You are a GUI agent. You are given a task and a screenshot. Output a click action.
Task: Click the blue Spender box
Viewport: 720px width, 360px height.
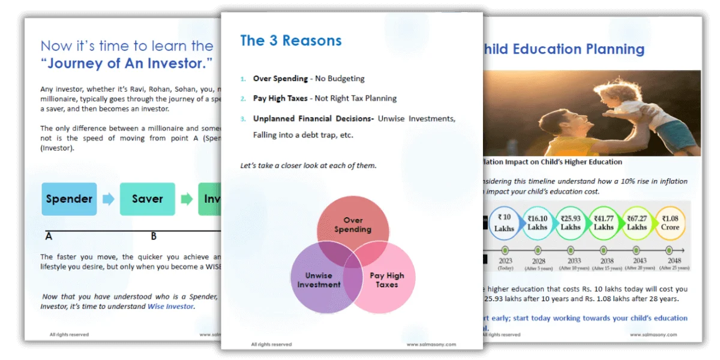(x=69, y=199)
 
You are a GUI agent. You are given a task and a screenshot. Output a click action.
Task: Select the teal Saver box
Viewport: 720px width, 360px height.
(x=148, y=199)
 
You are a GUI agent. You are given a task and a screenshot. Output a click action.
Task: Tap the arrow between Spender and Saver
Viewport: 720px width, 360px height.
(x=108, y=199)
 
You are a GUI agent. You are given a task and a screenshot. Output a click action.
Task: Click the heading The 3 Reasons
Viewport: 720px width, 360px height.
(x=290, y=41)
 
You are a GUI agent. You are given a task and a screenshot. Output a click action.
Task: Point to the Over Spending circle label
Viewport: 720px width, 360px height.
(x=353, y=225)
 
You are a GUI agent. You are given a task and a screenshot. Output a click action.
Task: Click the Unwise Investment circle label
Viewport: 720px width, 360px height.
(x=319, y=280)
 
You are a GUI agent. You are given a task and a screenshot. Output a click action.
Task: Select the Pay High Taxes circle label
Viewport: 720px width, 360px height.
(x=387, y=280)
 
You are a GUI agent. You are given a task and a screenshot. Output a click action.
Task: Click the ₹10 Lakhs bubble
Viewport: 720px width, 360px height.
(x=504, y=223)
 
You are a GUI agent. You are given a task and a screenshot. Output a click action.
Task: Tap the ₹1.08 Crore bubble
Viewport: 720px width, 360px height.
(x=670, y=223)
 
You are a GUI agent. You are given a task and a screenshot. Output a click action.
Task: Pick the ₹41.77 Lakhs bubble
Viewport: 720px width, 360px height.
(x=604, y=223)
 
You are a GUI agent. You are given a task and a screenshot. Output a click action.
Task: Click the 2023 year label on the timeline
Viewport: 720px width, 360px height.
(x=505, y=262)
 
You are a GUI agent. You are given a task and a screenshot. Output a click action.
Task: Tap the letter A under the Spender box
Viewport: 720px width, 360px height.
(x=49, y=236)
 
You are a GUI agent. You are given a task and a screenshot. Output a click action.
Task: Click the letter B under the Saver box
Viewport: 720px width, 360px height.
(x=154, y=236)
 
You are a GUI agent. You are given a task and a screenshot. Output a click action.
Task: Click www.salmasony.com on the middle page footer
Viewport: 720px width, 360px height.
(x=431, y=344)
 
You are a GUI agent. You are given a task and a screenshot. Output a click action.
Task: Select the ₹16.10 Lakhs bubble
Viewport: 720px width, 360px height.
(x=538, y=223)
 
